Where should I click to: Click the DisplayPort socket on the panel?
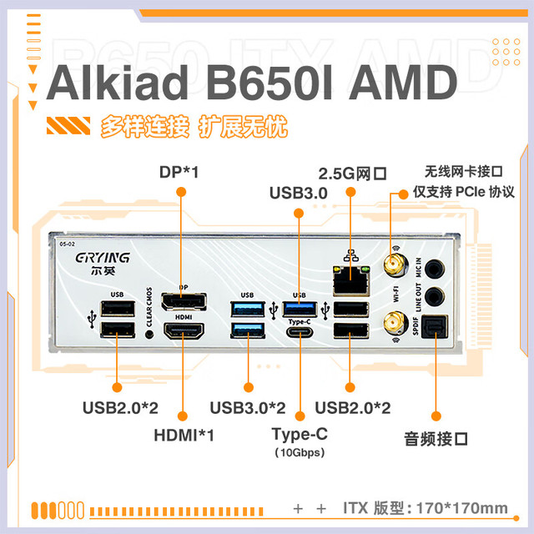184,301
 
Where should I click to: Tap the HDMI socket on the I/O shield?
184,330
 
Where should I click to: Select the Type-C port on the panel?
300,332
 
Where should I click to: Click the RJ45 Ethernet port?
351,280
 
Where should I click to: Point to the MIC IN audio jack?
435,269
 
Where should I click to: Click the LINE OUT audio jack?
435,295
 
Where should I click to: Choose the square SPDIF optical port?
435,326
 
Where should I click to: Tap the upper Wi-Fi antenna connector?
395,264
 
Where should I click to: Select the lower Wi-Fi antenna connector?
395,323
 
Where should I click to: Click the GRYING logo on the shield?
103,258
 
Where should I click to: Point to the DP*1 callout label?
179,172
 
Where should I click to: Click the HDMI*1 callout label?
184,436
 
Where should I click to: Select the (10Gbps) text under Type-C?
300,452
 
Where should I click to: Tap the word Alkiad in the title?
117,83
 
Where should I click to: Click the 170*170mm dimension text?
461,508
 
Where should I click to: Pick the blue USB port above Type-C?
300,310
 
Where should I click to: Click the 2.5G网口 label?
352,174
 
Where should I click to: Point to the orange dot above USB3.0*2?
249,387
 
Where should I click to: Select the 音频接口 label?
436,439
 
